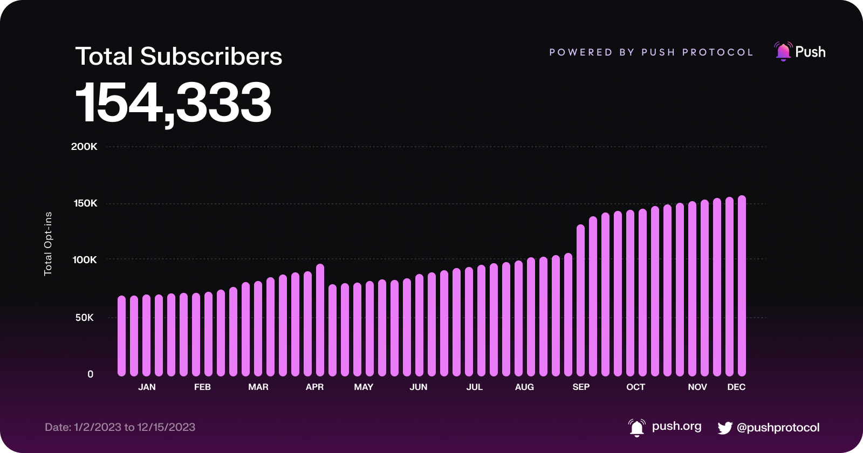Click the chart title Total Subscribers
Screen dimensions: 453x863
[x=179, y=57]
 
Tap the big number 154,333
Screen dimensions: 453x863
[x=173, y=102]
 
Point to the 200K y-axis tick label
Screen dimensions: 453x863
[x=84, y=147]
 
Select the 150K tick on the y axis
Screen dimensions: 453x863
[x=85, y=203]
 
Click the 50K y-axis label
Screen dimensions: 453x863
[x=85, y=318]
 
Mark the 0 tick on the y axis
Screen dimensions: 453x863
[x=90, y=374]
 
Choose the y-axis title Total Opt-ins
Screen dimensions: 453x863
[x=48, y=244]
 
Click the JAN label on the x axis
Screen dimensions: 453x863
[x=147, y=387]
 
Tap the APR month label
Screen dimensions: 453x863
[x=314, y=387]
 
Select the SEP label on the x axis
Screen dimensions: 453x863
[x=581, y=387]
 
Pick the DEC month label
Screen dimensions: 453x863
[x=736, y=387]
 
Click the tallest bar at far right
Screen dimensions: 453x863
[x=742, y=286]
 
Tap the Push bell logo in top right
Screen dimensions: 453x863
[x=783, y=52]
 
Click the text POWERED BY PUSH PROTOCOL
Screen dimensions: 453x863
[x=651, y=52]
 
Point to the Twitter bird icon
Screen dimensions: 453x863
[x=725, y=428]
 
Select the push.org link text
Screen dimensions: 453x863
[x=676, y=426]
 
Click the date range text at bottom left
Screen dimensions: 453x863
[x=120, y=427]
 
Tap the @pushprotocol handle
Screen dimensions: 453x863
[x=778, y=428]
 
